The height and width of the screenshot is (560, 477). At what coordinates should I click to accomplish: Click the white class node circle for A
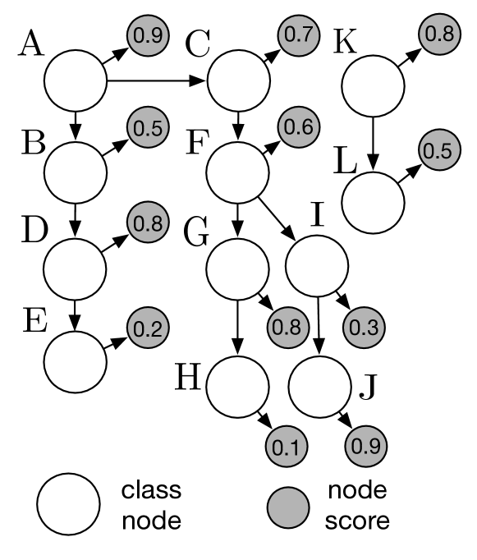point(76,81)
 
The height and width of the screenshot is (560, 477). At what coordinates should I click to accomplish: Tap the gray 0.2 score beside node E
point(148,328)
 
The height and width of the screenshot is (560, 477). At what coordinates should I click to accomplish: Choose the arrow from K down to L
point(374,142)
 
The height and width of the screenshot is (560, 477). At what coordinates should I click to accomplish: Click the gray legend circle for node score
point(289,505)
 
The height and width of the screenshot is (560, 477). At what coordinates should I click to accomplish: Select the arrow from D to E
point(76,313)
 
